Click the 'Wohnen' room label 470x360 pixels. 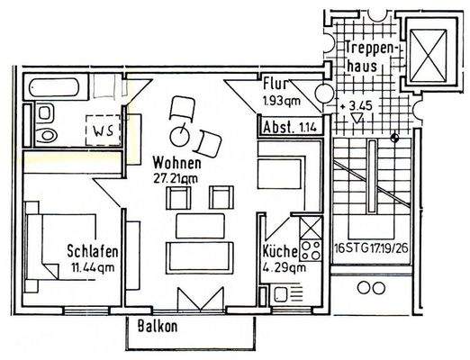pyautogui.click(x=176, y=163)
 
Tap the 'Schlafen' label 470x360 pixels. pyautogui.click(x=93, y=251)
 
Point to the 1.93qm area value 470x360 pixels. pyautogui.click(x=279, y=101)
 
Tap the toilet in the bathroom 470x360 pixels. pyautogui.click(x=46, y=125)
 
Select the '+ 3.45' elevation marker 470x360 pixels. pyautogui.click(x=357, y=107)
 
